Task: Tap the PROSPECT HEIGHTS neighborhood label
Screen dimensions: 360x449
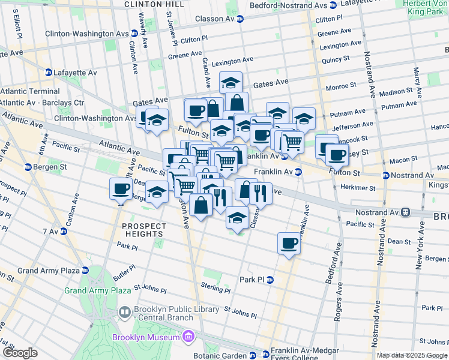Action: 144,230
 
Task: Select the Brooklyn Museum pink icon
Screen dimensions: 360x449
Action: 188,337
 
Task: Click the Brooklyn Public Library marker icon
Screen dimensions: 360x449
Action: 125,312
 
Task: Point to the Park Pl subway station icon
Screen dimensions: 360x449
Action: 270,280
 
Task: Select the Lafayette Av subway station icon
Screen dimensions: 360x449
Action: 48,73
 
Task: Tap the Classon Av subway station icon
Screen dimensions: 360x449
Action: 240,19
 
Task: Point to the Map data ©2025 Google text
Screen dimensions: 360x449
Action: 412,355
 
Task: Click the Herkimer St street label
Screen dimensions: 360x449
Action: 355,188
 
